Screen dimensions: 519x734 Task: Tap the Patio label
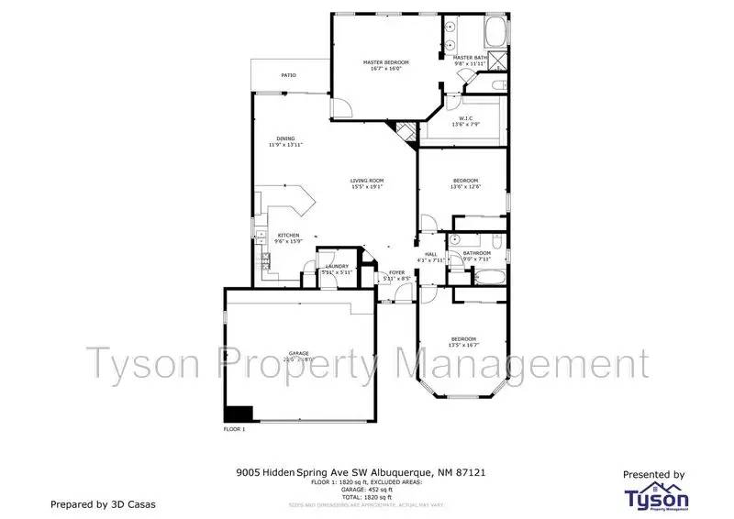tap(288, 75)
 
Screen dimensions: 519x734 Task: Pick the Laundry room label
tap(336, 267)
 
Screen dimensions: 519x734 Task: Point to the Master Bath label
tap(470, 58)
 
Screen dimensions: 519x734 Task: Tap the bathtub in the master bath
tap(495, 31)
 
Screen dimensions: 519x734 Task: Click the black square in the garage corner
tap(239, 414)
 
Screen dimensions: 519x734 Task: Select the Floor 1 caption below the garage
tap(235, 429)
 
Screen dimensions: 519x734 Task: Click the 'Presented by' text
tap(653, 475)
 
